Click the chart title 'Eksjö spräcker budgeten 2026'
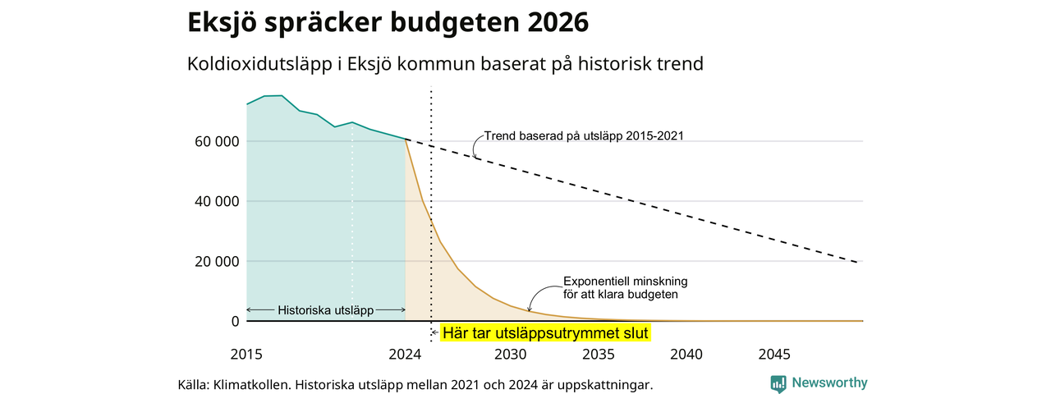pos(388,22)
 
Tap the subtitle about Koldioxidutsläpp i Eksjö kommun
pos(445,64)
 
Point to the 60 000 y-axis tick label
pos(217,141)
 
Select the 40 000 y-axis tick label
pos(217,201)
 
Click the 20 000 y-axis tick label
pos(217,261)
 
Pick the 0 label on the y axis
pos(235,321)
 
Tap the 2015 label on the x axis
pos(246,355)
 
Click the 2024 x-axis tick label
pos(405,355)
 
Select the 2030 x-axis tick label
pos(511,355)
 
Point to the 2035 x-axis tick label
pos(599,355)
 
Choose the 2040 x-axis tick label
pos(686,355)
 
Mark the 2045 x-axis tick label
pos(774,355)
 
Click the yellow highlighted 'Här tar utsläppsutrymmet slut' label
pos(545,333)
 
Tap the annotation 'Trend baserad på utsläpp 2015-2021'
pos(584,136)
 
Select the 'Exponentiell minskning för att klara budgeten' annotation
pos(626,288)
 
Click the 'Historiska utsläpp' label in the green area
pos(326,310)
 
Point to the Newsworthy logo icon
pos(778,383)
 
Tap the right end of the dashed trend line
pos(857,262)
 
